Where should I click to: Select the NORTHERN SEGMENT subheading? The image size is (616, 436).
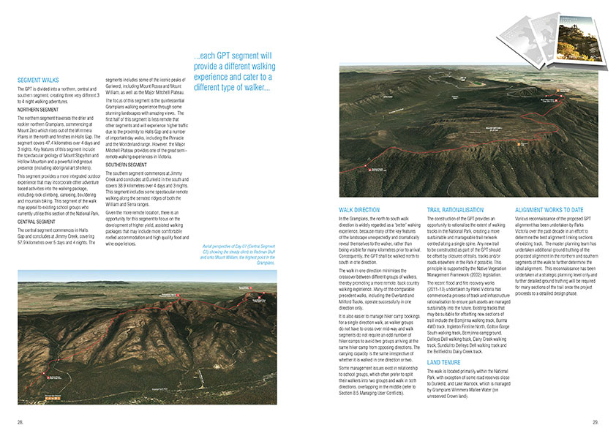click(38, 109)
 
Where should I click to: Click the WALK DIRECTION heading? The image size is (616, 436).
click(360, 209)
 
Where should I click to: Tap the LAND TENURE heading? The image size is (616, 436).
click(444, 362)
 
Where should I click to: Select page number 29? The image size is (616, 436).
click(596, 421)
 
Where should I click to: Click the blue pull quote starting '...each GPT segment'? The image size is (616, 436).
click(233, 72)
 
